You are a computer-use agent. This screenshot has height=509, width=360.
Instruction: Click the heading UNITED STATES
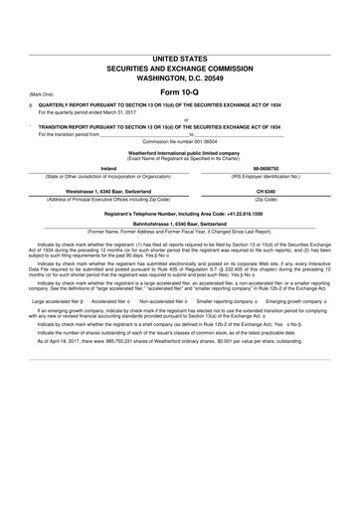coord(180,60)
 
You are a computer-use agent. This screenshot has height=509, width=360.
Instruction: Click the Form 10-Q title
coord(180,91)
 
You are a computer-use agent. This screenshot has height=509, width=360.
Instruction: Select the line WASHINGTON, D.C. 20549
coord(180,77)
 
